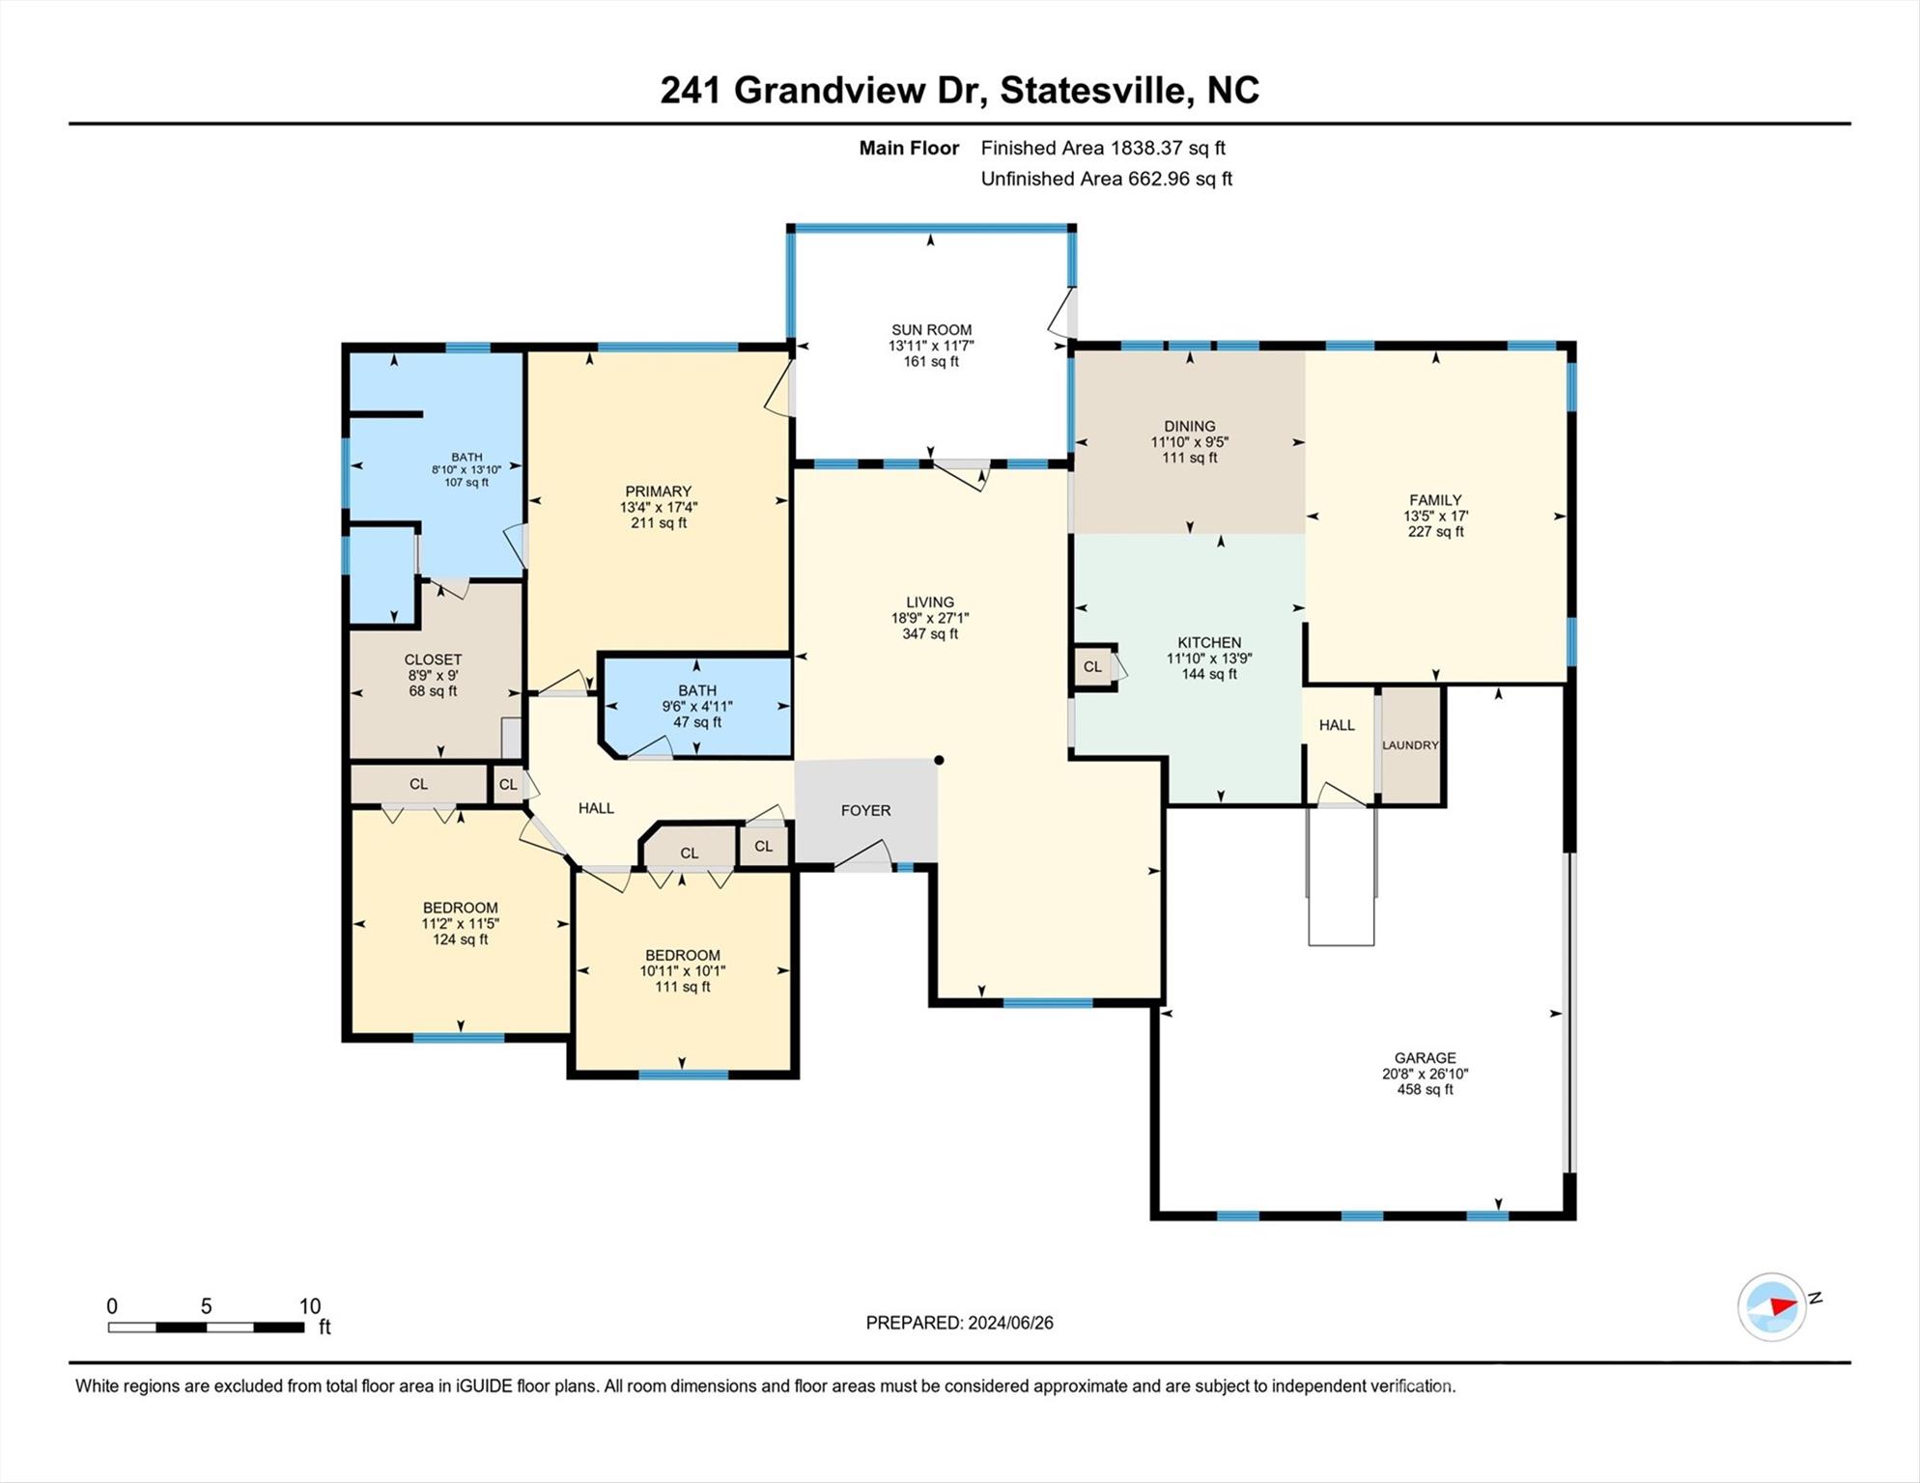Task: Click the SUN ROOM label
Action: (x=931, y=329)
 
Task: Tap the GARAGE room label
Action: (x=1425, y=1057)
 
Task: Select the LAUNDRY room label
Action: (x=1410, y=745)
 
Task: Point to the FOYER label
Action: (x=865, y=810)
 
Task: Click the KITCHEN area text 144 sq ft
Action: (x=1209, y=674)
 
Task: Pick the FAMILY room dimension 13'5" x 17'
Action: (x=1435, y=516)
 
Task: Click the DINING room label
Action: (x=1189, y=426)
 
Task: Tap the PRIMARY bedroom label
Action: (x=658, y=491)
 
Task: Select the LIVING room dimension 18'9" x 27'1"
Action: (x=930, y=618)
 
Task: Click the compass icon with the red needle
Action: (x=1772, y=1306)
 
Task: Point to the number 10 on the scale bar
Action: (x=309, y=1306)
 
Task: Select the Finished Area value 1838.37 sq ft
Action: (x=1167, y=148)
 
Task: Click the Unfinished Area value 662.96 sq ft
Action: (x=1177, y=179)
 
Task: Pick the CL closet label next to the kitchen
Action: (x=1092, y=666)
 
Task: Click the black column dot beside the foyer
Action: (x=939, y=760)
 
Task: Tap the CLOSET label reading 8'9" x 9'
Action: (x=433, y=659)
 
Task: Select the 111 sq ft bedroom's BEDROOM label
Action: (x=683, y=955)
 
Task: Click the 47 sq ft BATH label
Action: (x=697, y=690)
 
